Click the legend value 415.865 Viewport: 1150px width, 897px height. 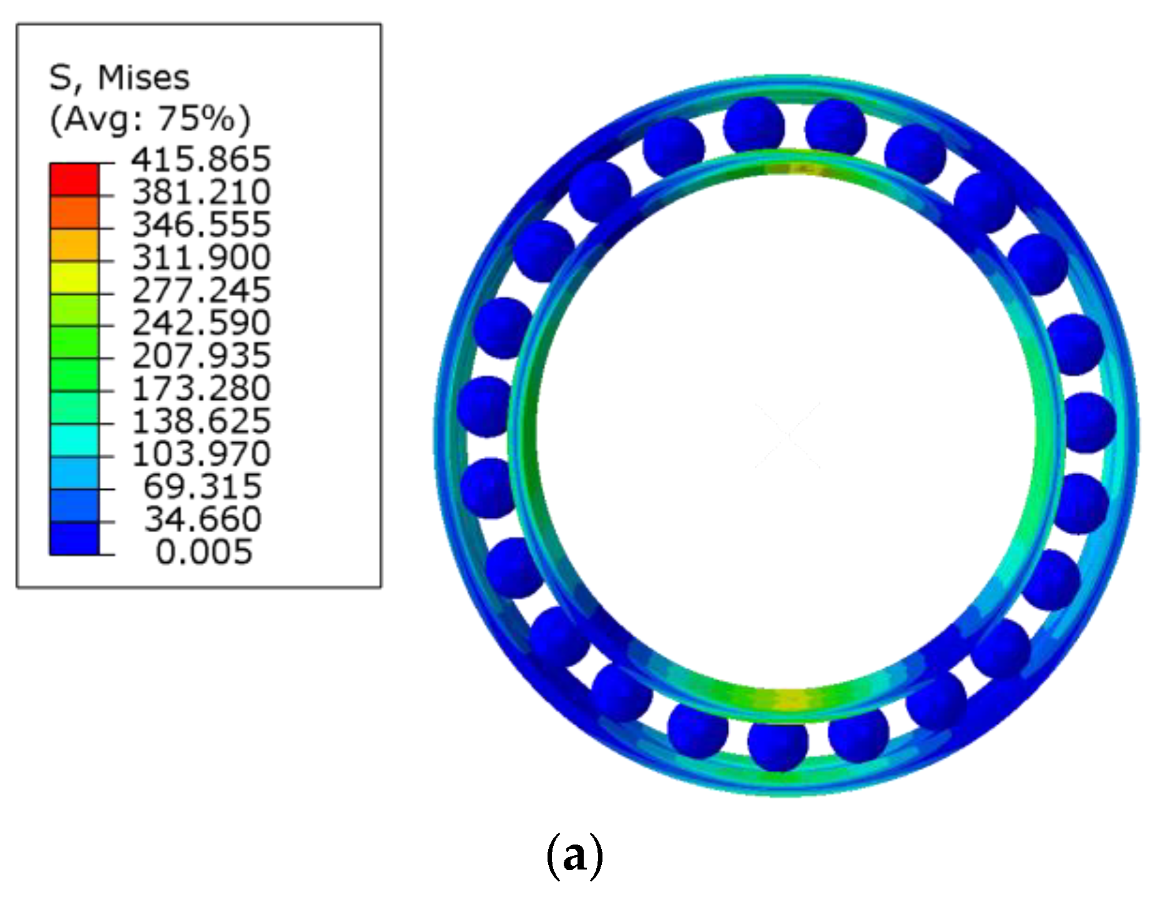coord(201,159)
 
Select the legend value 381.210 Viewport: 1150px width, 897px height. coord(201,191)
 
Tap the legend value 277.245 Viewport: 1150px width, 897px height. coord(201,290)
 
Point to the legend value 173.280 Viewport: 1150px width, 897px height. coord(201,388)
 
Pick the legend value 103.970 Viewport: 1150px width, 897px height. coord(201,453)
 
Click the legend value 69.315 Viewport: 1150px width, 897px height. coord(203,486)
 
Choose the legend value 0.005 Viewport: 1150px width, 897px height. coord(204,552)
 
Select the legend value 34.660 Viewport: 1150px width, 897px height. coord(203,519)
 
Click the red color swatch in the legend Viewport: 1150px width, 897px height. coord(74,179)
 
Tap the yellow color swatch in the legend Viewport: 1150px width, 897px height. coord(74,278)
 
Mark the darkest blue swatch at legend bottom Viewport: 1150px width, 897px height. coord(74,539)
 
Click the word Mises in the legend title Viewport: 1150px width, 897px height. coord(144,78)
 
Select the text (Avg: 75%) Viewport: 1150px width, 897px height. coord(150,119)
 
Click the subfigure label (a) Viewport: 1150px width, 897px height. coord(574,856)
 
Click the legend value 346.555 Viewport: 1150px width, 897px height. coord(201,224)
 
